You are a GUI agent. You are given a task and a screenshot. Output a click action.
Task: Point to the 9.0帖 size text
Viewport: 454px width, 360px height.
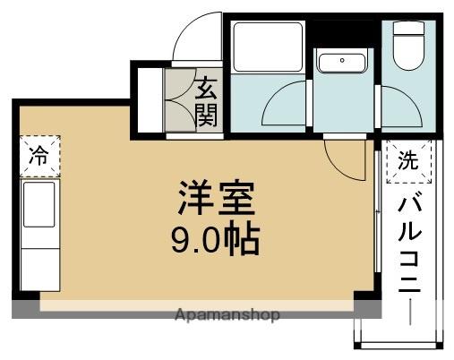click(x=215, y=238)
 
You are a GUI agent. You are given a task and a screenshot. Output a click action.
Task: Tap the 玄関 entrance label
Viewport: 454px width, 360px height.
click(x=207, y=100)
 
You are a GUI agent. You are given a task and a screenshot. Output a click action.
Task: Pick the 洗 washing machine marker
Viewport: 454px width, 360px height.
click(x=407, y=162)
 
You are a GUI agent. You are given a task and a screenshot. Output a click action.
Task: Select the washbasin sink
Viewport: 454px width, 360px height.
click(x=341, y=63)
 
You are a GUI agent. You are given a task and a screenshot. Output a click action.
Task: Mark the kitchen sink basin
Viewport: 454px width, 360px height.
click(x=38, y=205)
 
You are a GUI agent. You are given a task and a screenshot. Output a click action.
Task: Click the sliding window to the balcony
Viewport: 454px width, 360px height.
click(x=373, y=224)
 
